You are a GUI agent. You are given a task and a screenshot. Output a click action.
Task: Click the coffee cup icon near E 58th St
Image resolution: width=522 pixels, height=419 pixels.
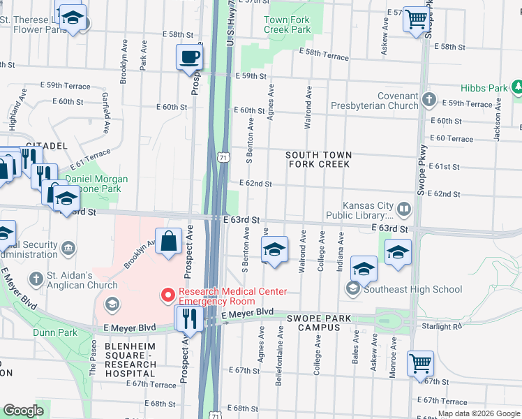click(189, 57)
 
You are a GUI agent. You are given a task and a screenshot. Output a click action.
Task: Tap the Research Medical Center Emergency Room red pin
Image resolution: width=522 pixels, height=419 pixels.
click(167, 296)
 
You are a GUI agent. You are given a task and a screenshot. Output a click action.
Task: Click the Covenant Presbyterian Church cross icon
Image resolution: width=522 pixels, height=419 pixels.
click(428, 101)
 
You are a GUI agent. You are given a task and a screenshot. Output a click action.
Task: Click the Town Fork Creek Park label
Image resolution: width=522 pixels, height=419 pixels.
click(287, 24)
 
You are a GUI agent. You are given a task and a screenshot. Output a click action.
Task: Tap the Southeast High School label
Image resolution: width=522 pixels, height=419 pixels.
click(412, 289)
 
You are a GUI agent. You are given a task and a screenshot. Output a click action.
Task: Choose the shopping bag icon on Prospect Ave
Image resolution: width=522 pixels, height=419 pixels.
click(170, 242)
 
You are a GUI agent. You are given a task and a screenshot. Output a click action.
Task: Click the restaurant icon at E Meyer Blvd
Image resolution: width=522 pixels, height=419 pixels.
click(189, 318)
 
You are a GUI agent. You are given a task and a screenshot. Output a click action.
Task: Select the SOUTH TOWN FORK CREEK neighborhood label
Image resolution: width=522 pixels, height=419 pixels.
click(320, 159)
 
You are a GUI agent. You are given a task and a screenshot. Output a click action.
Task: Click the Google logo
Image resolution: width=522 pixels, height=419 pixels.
click(23, 411)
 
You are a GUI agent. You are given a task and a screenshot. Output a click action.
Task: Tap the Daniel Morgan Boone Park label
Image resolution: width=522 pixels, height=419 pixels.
click(98, 184)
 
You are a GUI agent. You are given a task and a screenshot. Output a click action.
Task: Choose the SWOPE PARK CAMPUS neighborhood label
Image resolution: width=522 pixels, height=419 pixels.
click(318, 323)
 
